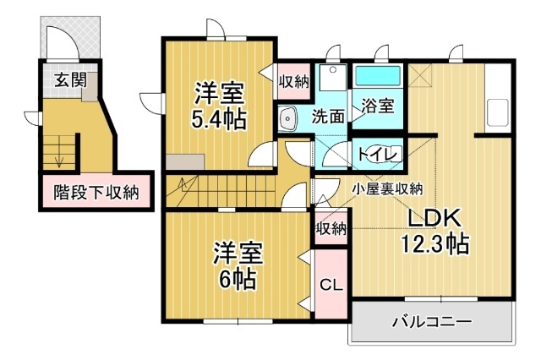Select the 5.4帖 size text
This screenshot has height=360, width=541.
[218, 118]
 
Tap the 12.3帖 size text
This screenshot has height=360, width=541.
[434, 245]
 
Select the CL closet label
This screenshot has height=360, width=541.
[331, 284]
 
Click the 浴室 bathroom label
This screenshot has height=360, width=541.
[377, 106]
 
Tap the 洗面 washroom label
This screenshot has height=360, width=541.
[329, 117]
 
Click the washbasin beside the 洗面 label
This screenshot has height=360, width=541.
[288, 118]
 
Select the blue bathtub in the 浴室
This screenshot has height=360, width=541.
[377, 77]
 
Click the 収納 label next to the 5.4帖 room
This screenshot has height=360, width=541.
[293, 81]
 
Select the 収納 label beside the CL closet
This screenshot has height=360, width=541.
[331, 228]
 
